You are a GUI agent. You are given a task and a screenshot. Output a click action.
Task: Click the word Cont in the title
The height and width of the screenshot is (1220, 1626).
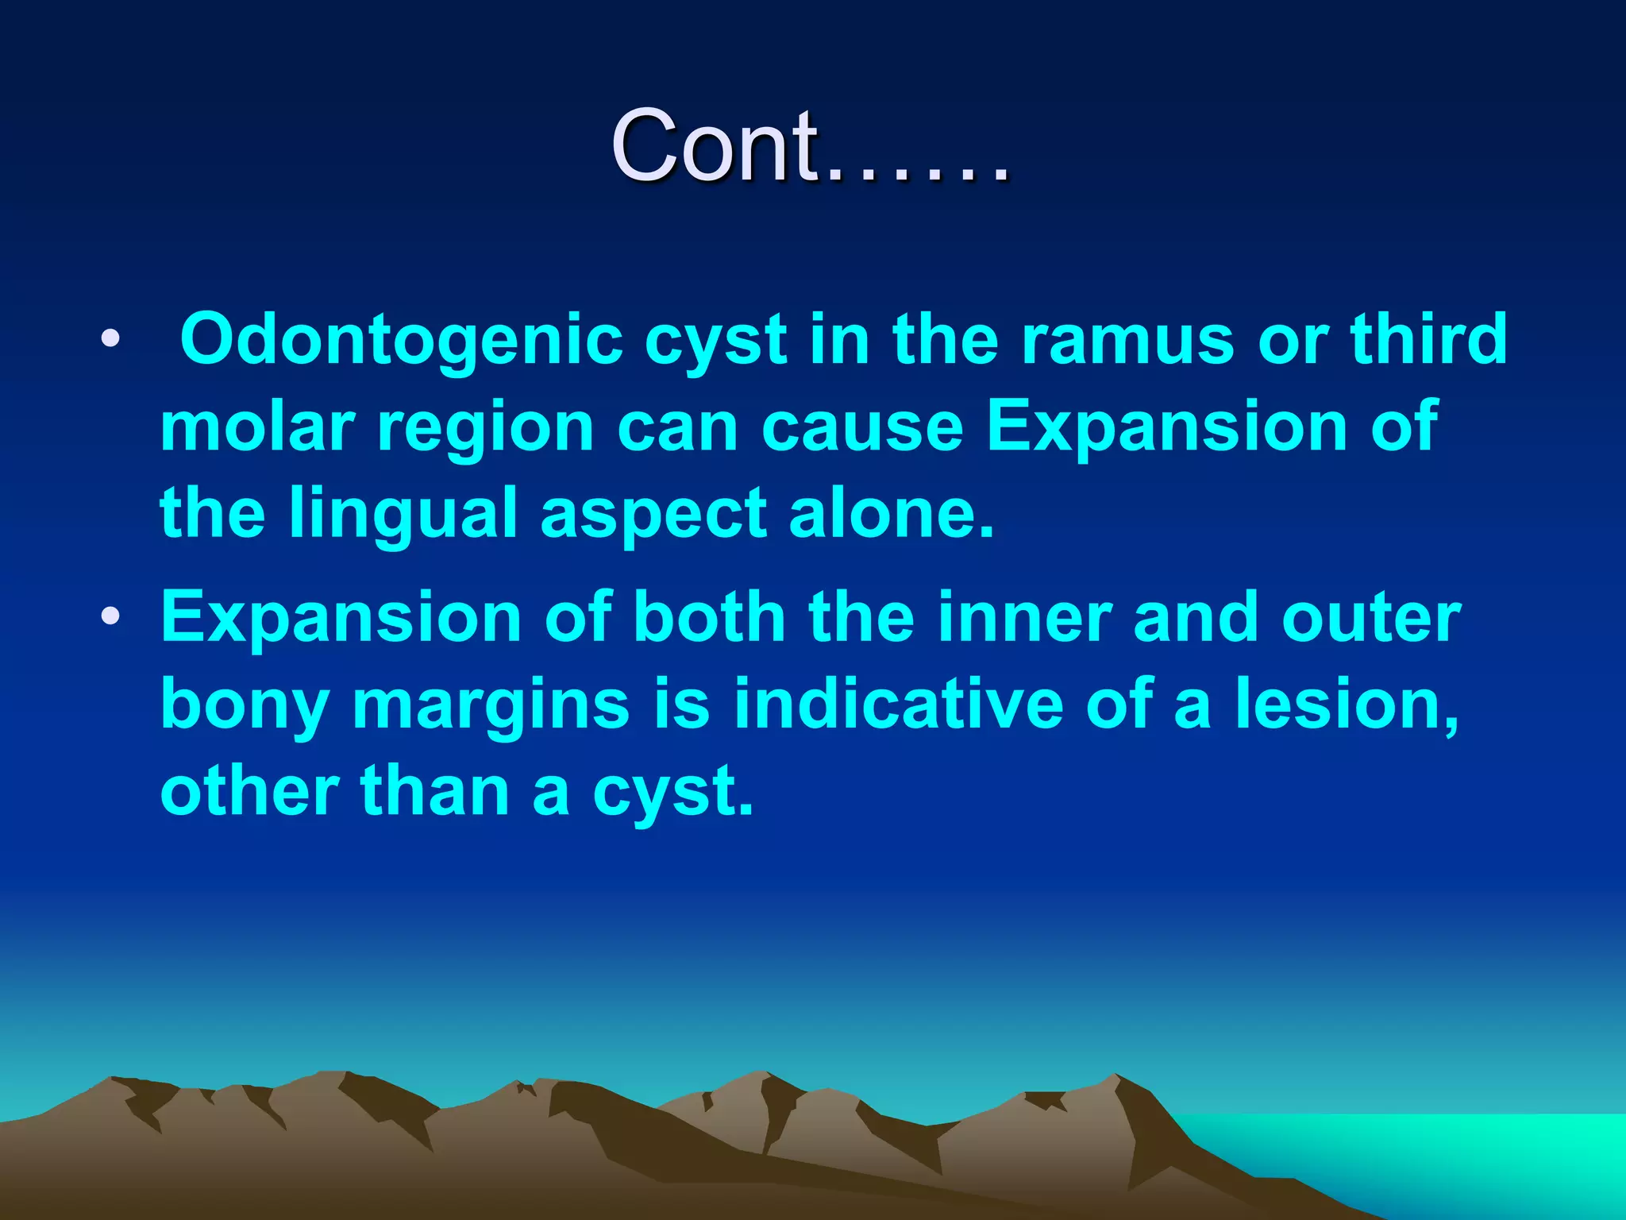tap(715, 146)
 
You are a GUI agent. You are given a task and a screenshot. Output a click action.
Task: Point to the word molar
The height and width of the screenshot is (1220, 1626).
tap(256, 427)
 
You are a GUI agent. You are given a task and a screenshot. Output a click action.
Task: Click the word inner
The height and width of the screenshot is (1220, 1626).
tap(1023, 617)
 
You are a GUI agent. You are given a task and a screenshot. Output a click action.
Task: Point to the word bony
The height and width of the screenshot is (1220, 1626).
tap(245, 705)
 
